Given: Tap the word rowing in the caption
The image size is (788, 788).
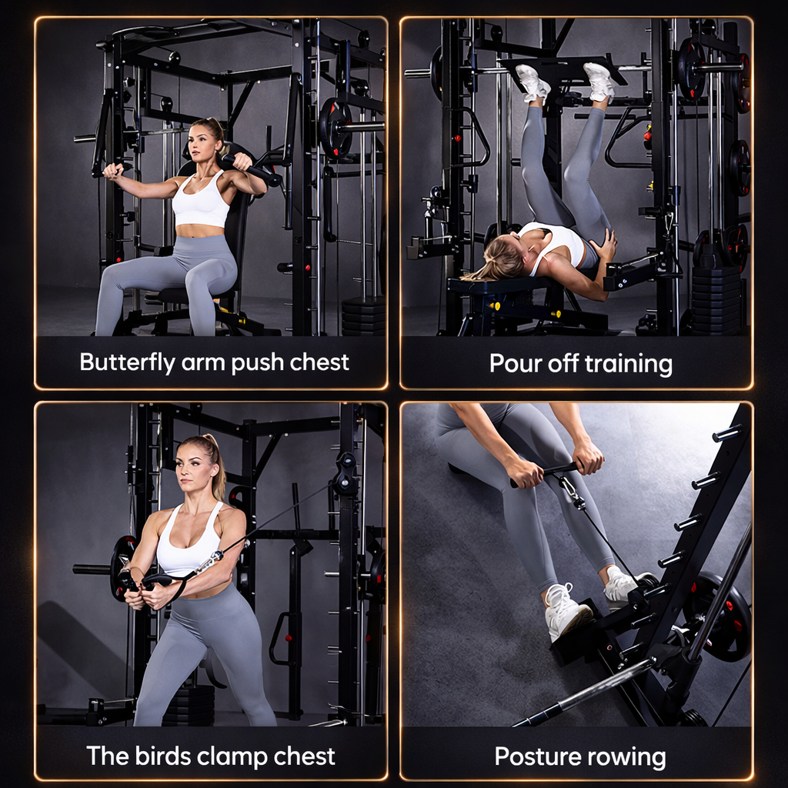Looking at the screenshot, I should point(629,756).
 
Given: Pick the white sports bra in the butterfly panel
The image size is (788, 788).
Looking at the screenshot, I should point(201,203).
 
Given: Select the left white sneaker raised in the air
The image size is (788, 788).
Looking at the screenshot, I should point(532,82).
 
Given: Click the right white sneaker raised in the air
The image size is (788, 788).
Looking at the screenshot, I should point(599,81).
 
